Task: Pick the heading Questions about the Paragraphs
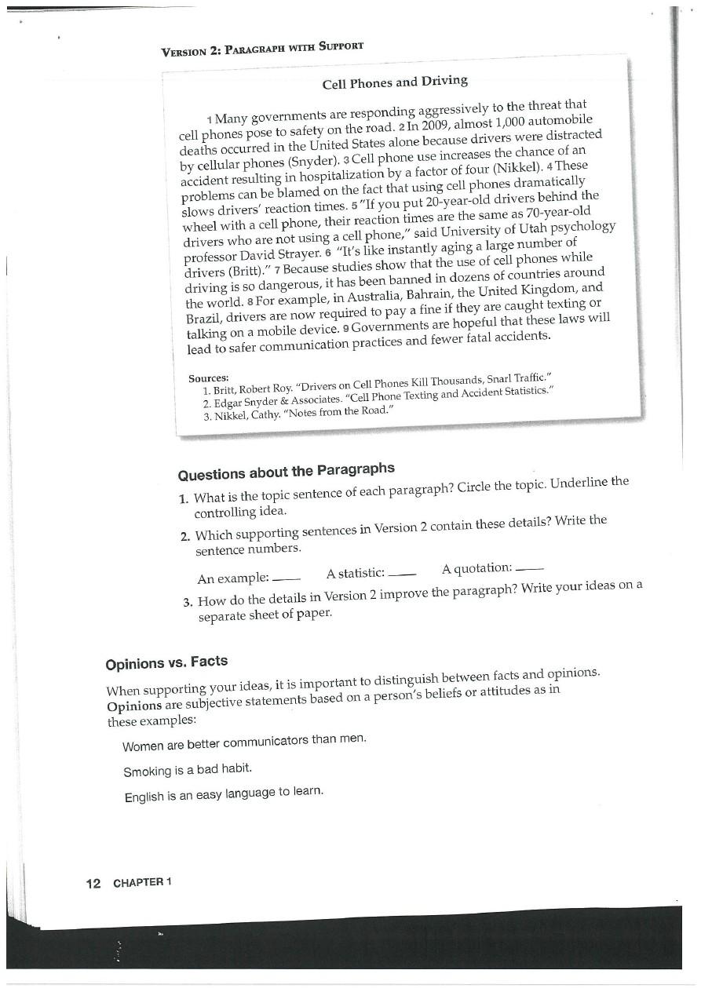coord(286,472)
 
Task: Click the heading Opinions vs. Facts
coord(166,662)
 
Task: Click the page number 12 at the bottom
coord(93,883)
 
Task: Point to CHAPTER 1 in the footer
coord(142,882)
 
